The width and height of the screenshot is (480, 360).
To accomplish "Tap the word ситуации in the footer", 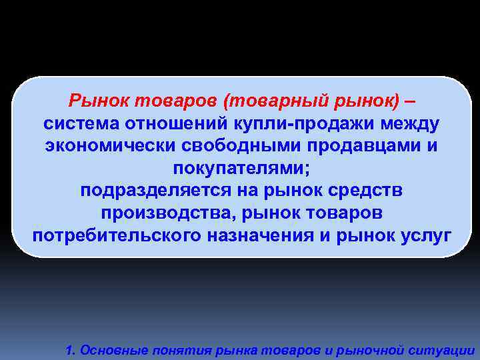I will tap(446, 350).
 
